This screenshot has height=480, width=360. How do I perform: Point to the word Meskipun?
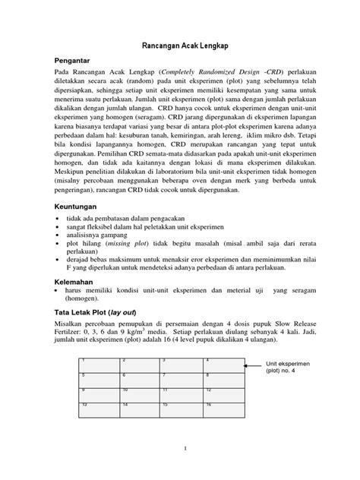click(x=74, y=171)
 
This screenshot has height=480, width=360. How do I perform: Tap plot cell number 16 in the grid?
click(x=224, y=410)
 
